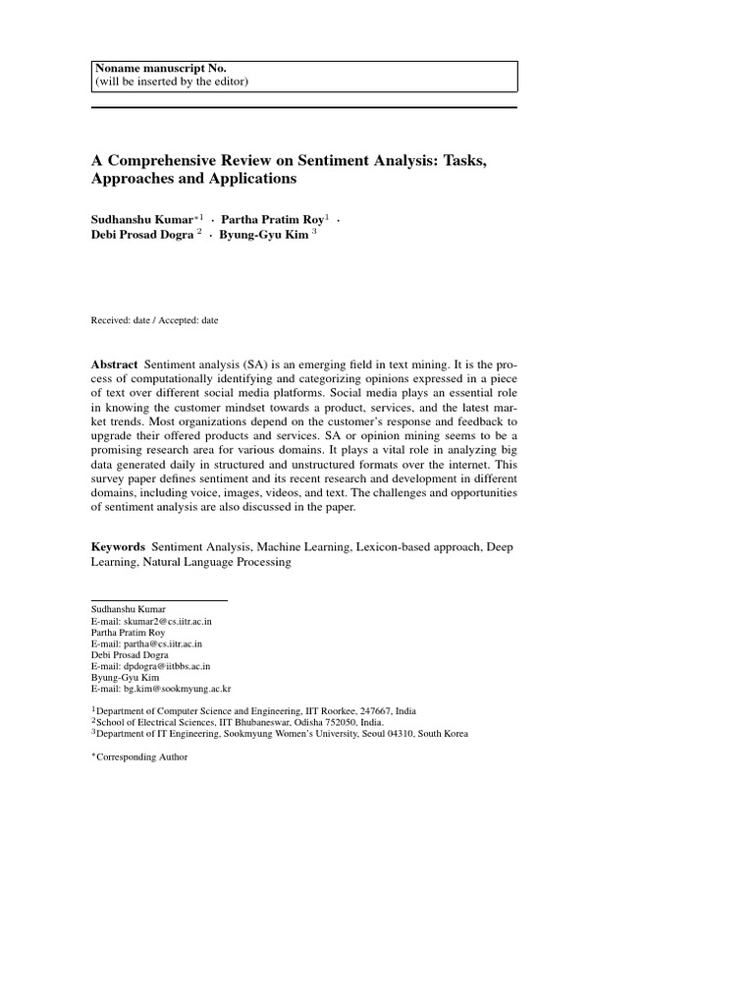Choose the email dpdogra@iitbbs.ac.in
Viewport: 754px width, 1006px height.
[161, 666]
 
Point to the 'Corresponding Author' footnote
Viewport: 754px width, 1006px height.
[141, 757]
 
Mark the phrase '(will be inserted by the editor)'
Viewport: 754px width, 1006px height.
[172, 81]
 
